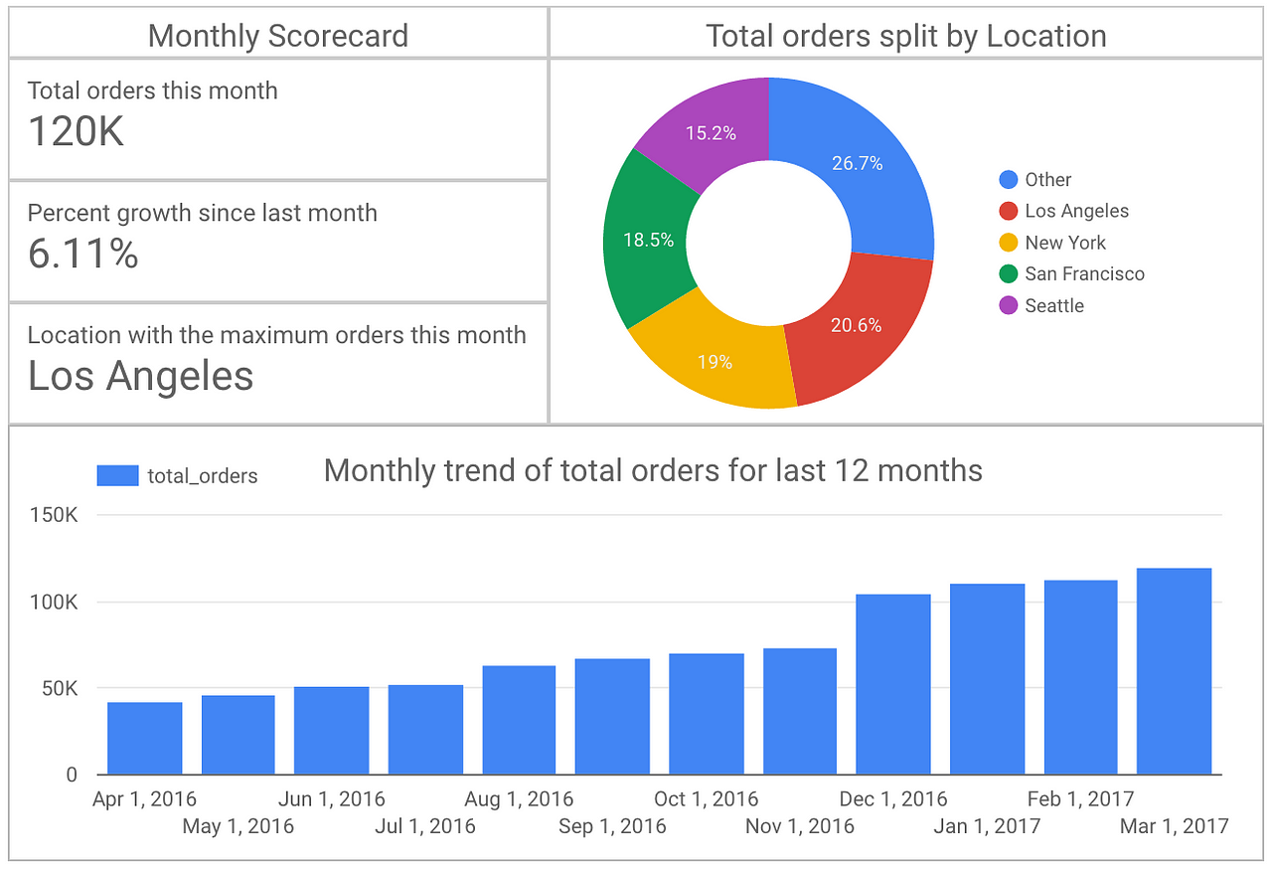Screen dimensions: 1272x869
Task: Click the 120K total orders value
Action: (x=76, y=131)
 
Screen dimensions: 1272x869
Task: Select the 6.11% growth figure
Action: (x=82, y=254)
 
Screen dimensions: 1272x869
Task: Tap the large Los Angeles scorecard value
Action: (x=140, y=376)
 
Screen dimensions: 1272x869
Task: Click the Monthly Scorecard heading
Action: (x=278, y=36)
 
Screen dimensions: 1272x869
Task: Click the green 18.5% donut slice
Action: (x=647, y=240)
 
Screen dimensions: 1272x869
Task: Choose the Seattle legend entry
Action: (x=1041, y=305)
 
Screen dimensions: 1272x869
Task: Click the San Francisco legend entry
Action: (x=1071, y=273)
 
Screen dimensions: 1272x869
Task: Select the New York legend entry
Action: (x=1052, y=243)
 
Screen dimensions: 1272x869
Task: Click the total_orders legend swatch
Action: (x=117, y=475)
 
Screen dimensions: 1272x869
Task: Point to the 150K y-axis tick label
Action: (x=54, y=515)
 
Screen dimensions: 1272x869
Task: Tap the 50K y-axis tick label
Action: (x=60, y=689)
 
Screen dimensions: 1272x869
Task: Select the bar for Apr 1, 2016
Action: (x=145, y=739)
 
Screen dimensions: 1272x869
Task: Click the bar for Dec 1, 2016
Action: (x=893, y=684)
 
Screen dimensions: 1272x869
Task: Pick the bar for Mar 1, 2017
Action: (x=1174, y=671)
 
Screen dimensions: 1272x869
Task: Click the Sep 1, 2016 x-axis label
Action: (x=612, y=826)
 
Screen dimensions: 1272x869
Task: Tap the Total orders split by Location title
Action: (x=906, y=36)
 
